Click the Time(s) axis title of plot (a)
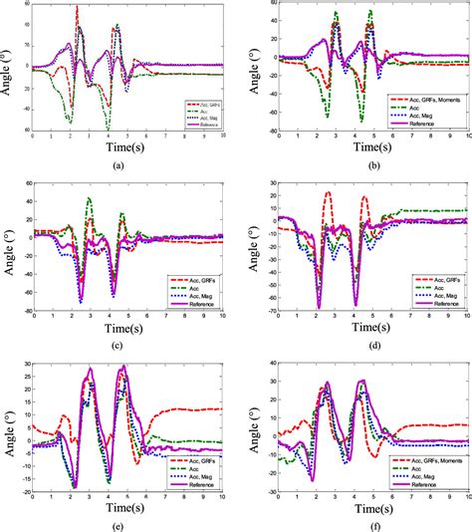coord(126,147)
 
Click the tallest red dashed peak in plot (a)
coord(78,8)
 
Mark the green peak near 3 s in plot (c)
coord(89,198)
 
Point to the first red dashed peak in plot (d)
coord(328,193)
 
